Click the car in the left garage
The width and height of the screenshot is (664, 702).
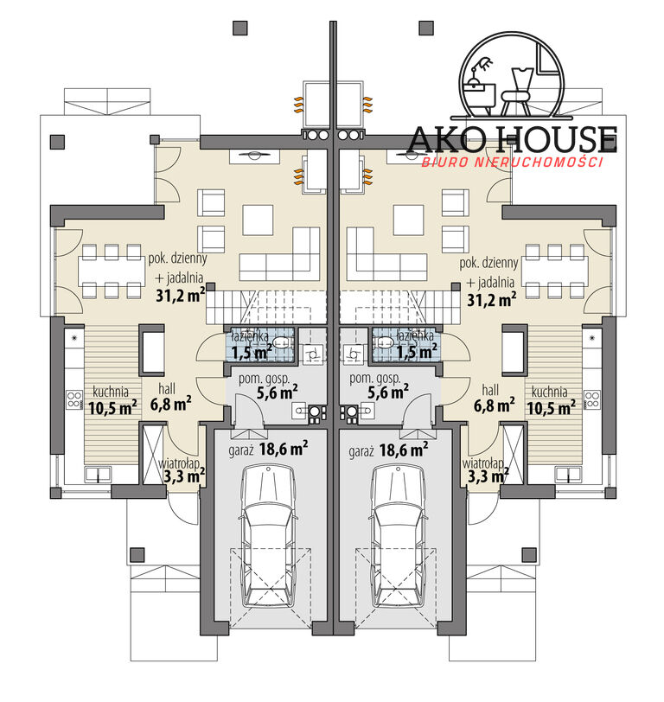click(x=269, y=536)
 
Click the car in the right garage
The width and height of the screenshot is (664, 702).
click(x=398, y=536)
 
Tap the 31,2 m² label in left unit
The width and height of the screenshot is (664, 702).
click(x=181, y=296)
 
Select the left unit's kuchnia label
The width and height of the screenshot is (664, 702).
click(x=111, y=392)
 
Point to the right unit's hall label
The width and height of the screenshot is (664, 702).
click(x=490, y=390)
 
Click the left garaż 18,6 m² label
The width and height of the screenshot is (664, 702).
click(x=268, y=449)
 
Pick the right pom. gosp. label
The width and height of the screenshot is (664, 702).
click(x=375, y=379)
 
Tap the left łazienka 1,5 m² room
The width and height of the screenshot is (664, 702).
click(x=259, y=344)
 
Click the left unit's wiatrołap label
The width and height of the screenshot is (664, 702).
click(x=179, y=463)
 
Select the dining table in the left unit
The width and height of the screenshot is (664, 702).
click(x=112, y=271)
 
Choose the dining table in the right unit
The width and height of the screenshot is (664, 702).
click(x=555, y=271)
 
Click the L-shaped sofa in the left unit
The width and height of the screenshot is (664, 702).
click(x=279, y=254)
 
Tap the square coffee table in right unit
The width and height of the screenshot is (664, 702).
click(x=408, y=220)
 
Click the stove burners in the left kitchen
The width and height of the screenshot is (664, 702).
click(x=74, y=399)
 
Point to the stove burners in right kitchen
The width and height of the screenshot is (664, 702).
click(x=592, y=399)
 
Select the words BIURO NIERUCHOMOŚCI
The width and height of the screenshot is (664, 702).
click(x=513, y=162)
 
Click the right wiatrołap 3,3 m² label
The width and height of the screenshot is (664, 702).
click(x=485, y=470)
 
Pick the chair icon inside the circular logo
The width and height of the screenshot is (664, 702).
click(x=516, y=93)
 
